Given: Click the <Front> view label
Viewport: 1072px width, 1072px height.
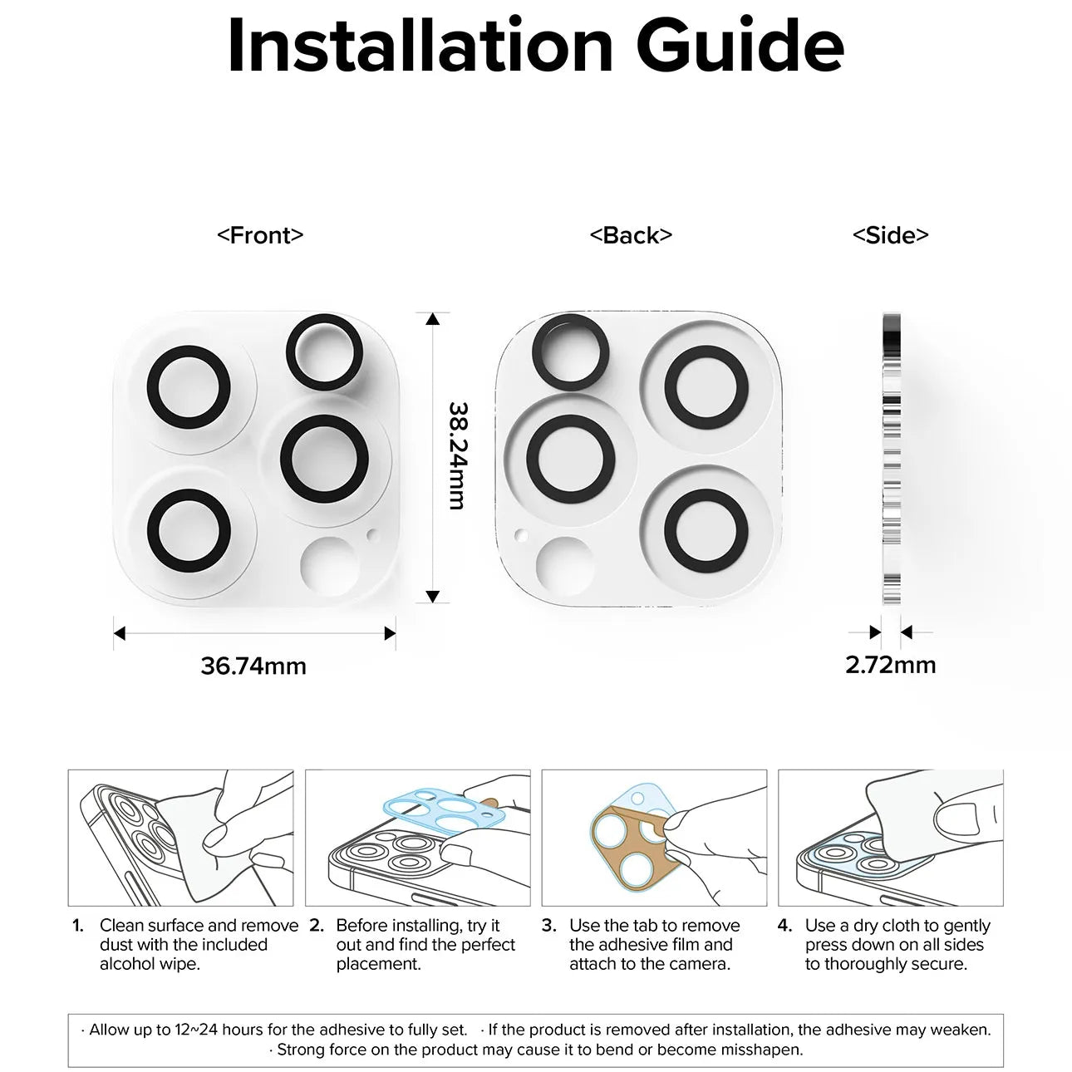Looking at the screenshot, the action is (260, 235).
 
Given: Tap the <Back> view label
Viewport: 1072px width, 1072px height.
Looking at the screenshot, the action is (631, 235).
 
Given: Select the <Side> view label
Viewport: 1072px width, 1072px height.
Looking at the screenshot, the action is (891, 235).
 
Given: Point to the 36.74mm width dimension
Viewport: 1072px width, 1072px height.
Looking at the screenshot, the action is (253, 666).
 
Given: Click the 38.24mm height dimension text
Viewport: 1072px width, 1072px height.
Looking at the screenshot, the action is (459, 456).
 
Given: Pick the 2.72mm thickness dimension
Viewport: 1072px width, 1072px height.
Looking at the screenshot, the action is (891, 665).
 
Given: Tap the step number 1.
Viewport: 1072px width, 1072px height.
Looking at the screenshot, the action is (78, 925).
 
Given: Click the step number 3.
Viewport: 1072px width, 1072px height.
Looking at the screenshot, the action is (548, 925).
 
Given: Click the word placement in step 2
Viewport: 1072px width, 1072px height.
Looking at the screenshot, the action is (378, 965).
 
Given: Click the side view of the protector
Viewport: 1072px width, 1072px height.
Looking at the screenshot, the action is (891, 459).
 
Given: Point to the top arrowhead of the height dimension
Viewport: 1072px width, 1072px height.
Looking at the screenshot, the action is (432, 319).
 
